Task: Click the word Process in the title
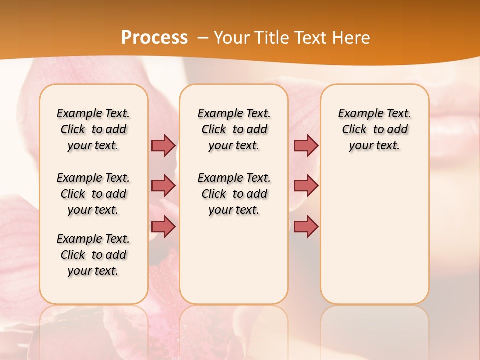154,38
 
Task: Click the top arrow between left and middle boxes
163,145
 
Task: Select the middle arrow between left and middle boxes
163,186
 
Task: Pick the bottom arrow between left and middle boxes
163,227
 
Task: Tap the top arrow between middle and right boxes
306,145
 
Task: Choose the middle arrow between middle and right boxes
306,186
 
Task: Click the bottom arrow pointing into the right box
306,227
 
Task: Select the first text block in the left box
93,129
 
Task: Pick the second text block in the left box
93,194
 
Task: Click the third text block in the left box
93,255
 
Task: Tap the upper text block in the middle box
234,129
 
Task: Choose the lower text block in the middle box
234,194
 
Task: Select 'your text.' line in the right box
374,146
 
